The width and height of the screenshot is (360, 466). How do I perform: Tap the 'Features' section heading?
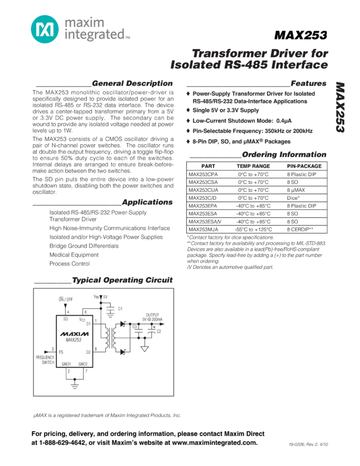[308, 83]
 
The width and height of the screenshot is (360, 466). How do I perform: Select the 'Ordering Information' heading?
[283, 155]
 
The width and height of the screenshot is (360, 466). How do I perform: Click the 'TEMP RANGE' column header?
[253, 166]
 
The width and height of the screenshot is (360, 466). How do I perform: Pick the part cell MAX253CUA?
[203, 190]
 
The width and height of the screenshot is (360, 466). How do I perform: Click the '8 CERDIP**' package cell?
[300, 229]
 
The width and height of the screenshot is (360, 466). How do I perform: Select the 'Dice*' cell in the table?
[293, 197]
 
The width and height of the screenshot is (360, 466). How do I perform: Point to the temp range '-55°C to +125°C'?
[253, 229]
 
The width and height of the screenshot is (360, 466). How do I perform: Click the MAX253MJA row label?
[203, 229]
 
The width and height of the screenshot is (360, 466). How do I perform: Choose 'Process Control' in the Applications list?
[70, 264]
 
